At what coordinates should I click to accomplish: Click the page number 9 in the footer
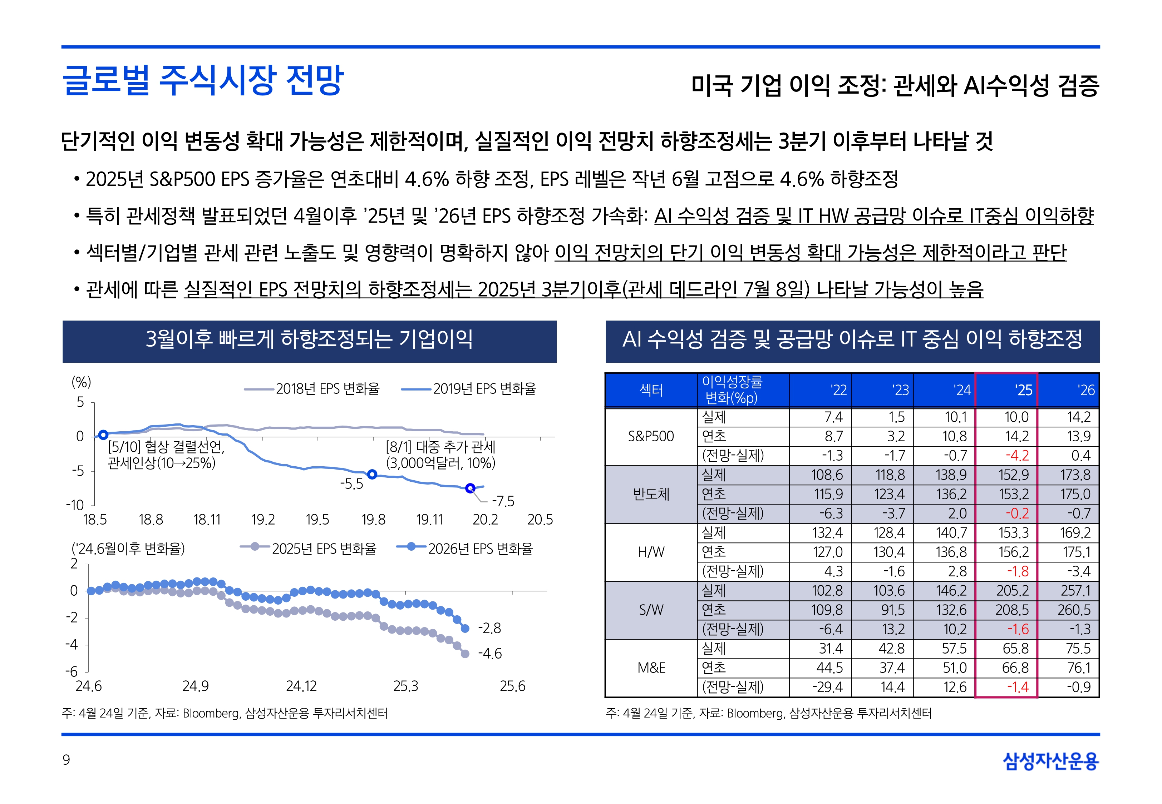point(66,760)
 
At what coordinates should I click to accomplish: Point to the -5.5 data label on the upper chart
point(351,484)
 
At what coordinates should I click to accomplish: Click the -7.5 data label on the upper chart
point(503,501)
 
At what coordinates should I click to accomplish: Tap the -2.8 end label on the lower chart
point(489,628)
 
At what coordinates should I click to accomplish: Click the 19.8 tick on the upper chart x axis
point(373,519)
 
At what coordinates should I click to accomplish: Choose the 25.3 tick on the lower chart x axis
point(406,686)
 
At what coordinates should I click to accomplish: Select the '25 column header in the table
point(1023,390)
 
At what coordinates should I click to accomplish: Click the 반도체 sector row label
point(651,494)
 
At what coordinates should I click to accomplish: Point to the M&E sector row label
point(651,668)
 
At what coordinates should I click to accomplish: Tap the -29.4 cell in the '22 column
point(827,687)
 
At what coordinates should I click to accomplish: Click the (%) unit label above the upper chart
point(81,382)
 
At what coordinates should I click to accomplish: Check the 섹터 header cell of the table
point(651,390)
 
